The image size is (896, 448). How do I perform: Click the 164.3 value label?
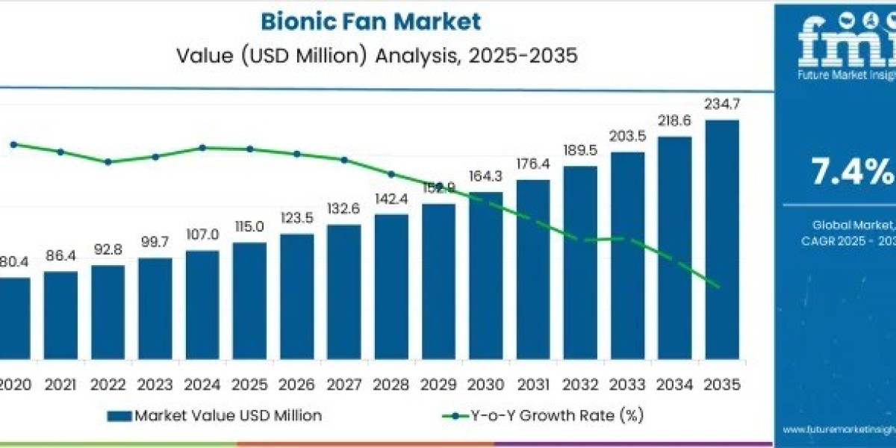pyautogui.click(x=485, y=175)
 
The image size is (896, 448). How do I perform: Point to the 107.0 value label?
pyautogui.click(x=202, y=234)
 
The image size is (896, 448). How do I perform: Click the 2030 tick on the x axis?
pyautogui.click(x=485, y=385)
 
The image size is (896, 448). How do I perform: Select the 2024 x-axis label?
pyautogui.click(x=202, y=385)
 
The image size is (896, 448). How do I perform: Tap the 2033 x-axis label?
pyautogui.click(x=627, y=385)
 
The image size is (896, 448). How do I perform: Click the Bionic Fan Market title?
pyautogui.click(x=370, y=21)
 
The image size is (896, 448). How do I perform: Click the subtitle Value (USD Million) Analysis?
pyautogui.click(x=377, y=57)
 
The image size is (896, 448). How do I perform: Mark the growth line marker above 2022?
pyautogui.click(x=108, y=162)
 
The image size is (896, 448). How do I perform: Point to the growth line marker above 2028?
pyautogui.click(x=391, y=174)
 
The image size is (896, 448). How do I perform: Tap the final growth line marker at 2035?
pyautogui.click(x=719, y=286)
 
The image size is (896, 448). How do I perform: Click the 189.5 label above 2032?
pyautogui.click(x=580, y=150)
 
